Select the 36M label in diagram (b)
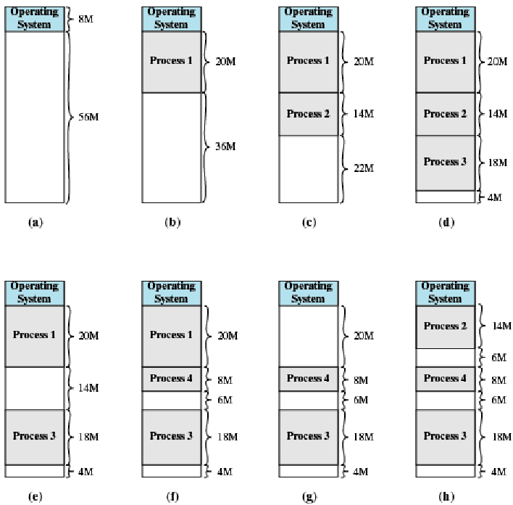point(225,147)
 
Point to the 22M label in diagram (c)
point(362,168)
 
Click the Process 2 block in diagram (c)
point(309,114)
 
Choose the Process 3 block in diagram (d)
point(445,163)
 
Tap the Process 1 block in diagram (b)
point(172,61)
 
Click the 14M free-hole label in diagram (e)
point(88,388)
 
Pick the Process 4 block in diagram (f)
point(172,379)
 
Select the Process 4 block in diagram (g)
point(309,379)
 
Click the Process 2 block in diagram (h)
point(445,327)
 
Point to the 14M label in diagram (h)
point(501,327)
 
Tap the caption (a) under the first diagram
point(35,223)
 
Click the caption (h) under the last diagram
point(445,496)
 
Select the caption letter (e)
point(35,496)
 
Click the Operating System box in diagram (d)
point(445,18)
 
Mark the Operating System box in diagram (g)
point(309,292)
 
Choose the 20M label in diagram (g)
point(362,337)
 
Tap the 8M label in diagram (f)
point(225,379)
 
